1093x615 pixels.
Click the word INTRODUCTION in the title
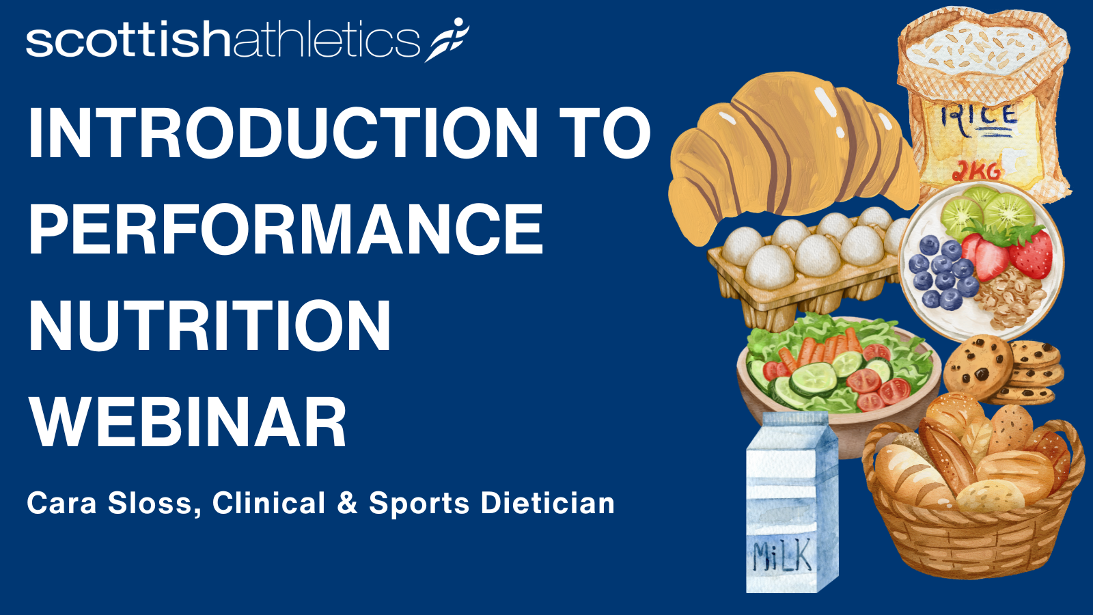point(283,133)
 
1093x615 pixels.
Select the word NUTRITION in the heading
point(210,325)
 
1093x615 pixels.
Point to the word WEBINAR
point(188,422)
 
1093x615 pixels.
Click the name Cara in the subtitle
point(61,503)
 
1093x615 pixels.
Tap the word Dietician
point(547,503)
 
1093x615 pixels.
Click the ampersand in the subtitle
point(347,503)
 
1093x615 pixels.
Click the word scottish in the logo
point(128,41)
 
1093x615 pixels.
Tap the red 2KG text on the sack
point(976,170)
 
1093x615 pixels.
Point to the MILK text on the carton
point(782,555)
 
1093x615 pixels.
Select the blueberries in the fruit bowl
point(942,273)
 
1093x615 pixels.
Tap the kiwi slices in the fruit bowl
point(986,213)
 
